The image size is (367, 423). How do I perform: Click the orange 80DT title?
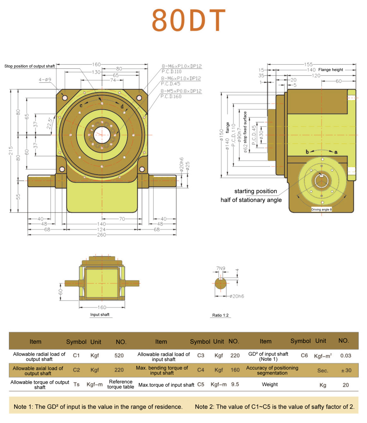(x=188, y=20)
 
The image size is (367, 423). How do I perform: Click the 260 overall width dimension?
(x=101, y=235)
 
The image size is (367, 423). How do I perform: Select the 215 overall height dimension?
(x=11, y=151)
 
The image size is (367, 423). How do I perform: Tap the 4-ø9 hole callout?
(x=45, y=80)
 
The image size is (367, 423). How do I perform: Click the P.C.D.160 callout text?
(x=171, y=96)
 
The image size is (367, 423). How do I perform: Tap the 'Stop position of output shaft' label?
(x=30, y=66)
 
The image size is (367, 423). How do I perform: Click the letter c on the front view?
(x=81, y=105)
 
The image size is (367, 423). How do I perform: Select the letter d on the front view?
(x=122, y=106)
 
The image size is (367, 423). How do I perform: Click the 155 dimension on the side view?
(x=308, y=64)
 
